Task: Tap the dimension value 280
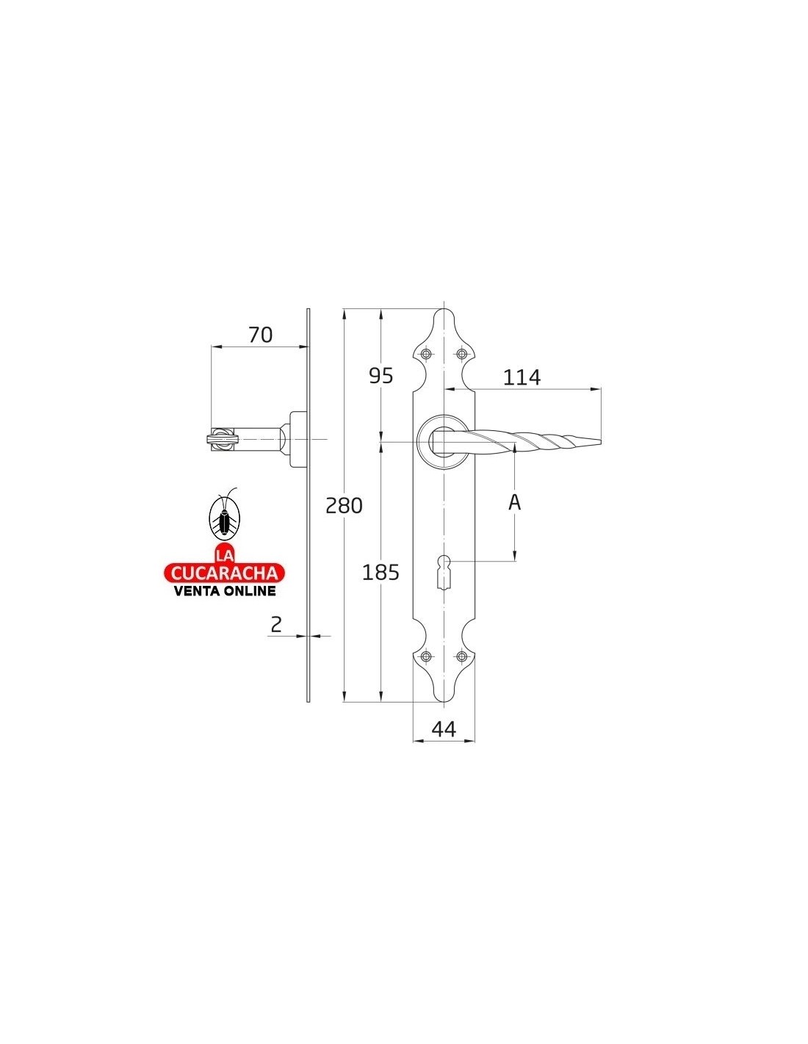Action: (x=344, y=506)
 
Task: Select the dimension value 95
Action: (x=380, y=376)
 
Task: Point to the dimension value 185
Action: (x=380, y=573)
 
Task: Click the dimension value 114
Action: (x=522, y=377)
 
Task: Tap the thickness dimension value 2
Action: (x=276, y=625)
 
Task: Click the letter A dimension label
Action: (x=514, y=502)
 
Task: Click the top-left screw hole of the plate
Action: (x=426, y=354)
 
